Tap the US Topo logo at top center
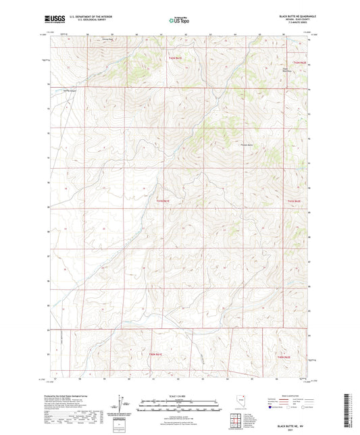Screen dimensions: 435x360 [179, 21]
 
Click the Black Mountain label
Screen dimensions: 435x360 [286, 69]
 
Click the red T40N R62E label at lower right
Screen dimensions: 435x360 [283, 356]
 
